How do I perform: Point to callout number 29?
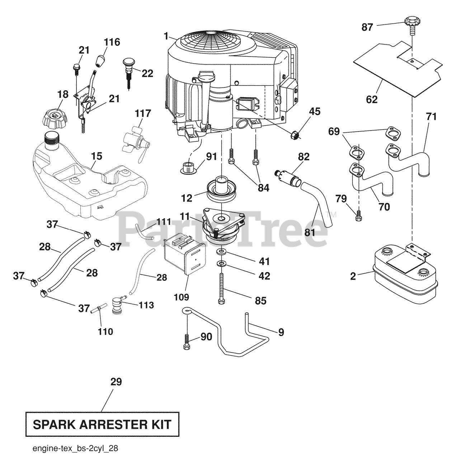pos(116,382)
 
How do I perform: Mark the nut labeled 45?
pos(295,135)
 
